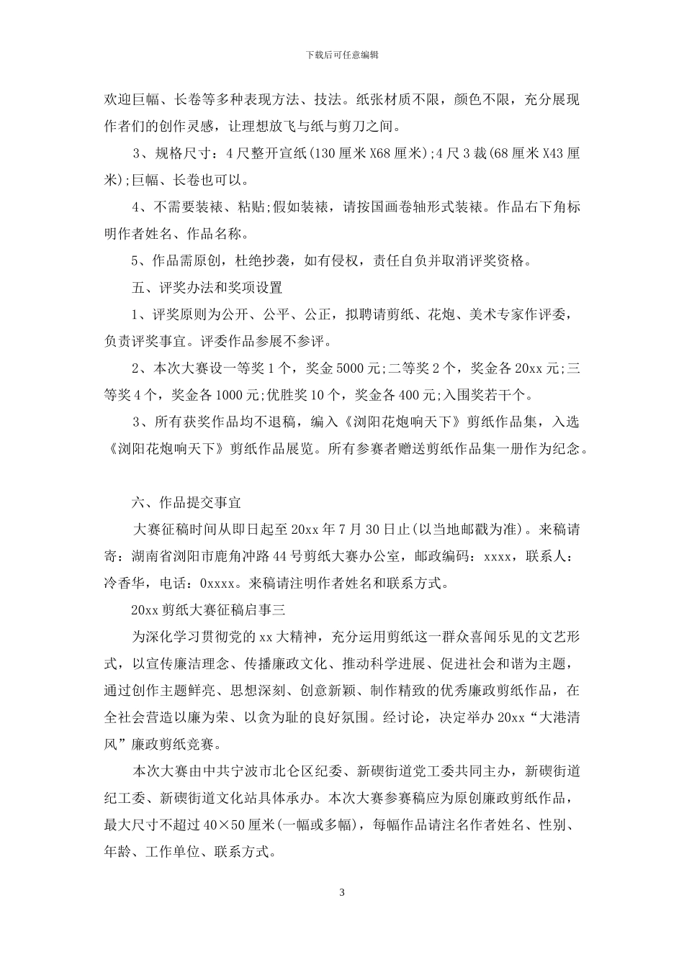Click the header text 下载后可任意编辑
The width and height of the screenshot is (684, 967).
[342, 55]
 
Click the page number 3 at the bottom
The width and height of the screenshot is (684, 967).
[342, 893]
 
